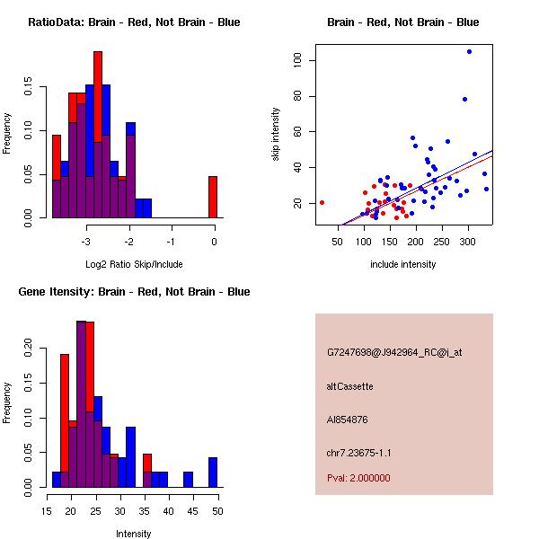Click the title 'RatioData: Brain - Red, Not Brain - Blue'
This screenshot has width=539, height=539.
[134, 22]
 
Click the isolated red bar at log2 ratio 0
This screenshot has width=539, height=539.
[213, 197]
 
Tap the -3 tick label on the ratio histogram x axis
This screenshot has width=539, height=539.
[86, 241]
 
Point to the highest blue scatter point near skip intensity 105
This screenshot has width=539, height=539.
[469, 51]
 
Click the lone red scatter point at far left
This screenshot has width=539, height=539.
[322, 202]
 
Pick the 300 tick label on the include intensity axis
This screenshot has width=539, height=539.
[468, 241]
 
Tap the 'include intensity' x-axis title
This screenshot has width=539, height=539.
[402, 264]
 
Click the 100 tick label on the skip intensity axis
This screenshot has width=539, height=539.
[297, 61]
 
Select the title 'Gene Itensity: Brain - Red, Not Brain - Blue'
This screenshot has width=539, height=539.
[134, 292]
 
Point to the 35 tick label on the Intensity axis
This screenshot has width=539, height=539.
[146, 510]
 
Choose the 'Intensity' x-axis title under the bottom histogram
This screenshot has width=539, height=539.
[133, 534]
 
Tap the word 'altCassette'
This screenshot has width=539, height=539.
[349, 386]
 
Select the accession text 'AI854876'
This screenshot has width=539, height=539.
[347, 420]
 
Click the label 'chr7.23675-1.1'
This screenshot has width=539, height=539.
[358, 453]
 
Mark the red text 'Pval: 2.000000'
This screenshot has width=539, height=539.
[358, 478]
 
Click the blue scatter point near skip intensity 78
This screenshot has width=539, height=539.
[464, 99]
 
